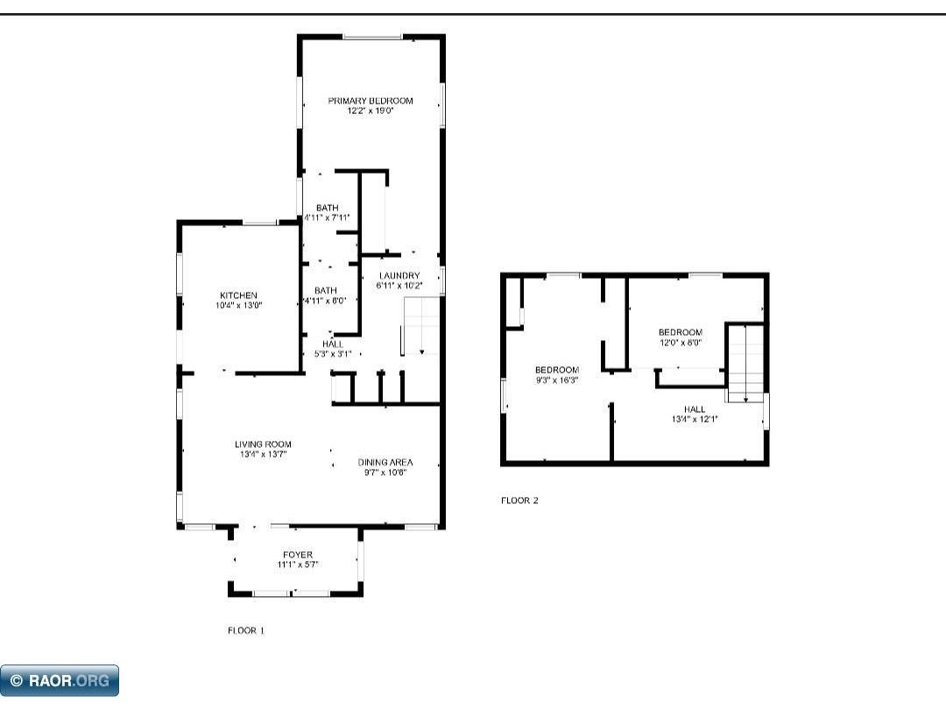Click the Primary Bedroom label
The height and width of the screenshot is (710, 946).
pyautogui.click(x=370, y=101)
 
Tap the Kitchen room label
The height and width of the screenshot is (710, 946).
pyautogui.click(x=238, y=295)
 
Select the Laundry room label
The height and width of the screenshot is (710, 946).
pyautogui.click(x=399, y=275)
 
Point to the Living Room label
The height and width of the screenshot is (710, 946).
pyautogui.click(x=263, y=444)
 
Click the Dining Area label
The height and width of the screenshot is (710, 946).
pyautogui.click(x=385, y=462)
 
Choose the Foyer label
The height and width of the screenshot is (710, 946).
pyautogui.click(x=297, y=555)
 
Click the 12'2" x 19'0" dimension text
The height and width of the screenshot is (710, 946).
pyautogui.click(x=370, y=111)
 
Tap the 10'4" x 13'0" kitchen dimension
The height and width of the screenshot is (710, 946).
pyautogui.click(x=238, y=305)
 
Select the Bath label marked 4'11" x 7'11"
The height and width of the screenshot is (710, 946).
pyautogui.click(x=327, y=208)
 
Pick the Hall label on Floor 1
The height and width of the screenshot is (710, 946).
pyautogui.click(x=332, y=344)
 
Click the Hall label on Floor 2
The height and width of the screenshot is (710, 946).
pyautogui.click(x=695, y=409)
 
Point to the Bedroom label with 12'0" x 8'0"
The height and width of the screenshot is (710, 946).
pyautogui.click(x=680, y=332)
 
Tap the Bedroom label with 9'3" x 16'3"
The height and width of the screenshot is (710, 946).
pyautogui.click(x=557, y=370)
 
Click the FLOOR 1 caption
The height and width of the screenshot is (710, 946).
pyautogui.click(x=245, y=630)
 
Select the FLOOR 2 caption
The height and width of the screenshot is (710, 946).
pyautogui.click(x=519, y=501)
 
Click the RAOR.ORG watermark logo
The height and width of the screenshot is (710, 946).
pyautogui.click(x=60, y=680)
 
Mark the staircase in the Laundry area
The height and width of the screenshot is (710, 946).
pyautogui.click(x=420, y=326)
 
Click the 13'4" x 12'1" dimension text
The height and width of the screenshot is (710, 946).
pyautogui.click(x=695, y=419)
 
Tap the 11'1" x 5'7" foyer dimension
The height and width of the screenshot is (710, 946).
pyautogui.click(x=297, y=564)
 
